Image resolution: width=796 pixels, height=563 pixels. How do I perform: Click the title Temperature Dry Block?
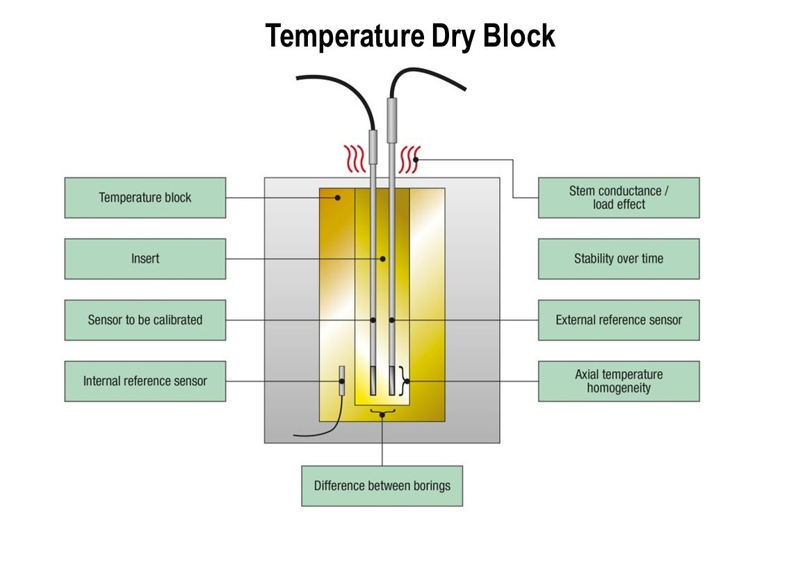410,36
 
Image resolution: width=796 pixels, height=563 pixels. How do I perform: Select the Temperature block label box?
145,197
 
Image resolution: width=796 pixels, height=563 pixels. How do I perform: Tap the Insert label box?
145,259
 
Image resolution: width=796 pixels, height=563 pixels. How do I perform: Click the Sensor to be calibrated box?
145,320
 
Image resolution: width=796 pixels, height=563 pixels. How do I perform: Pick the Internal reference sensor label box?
145,381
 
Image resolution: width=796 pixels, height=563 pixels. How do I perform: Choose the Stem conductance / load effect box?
618,197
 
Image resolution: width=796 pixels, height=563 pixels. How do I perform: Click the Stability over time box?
618,259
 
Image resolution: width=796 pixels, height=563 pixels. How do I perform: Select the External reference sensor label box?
618,320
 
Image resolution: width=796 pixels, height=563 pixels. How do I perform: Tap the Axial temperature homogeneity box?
618,381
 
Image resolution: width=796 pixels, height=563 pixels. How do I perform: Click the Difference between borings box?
382,485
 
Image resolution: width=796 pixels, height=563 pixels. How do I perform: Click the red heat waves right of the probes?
409,158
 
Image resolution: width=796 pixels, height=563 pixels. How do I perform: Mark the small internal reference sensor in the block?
342,382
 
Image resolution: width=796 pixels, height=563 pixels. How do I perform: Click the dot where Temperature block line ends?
338,197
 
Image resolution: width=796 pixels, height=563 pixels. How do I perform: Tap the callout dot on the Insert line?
382,259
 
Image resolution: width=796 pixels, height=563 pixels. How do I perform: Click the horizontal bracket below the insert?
382,412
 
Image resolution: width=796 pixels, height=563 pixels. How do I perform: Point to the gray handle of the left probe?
373,145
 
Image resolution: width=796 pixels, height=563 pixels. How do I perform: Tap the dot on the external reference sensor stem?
391,320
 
